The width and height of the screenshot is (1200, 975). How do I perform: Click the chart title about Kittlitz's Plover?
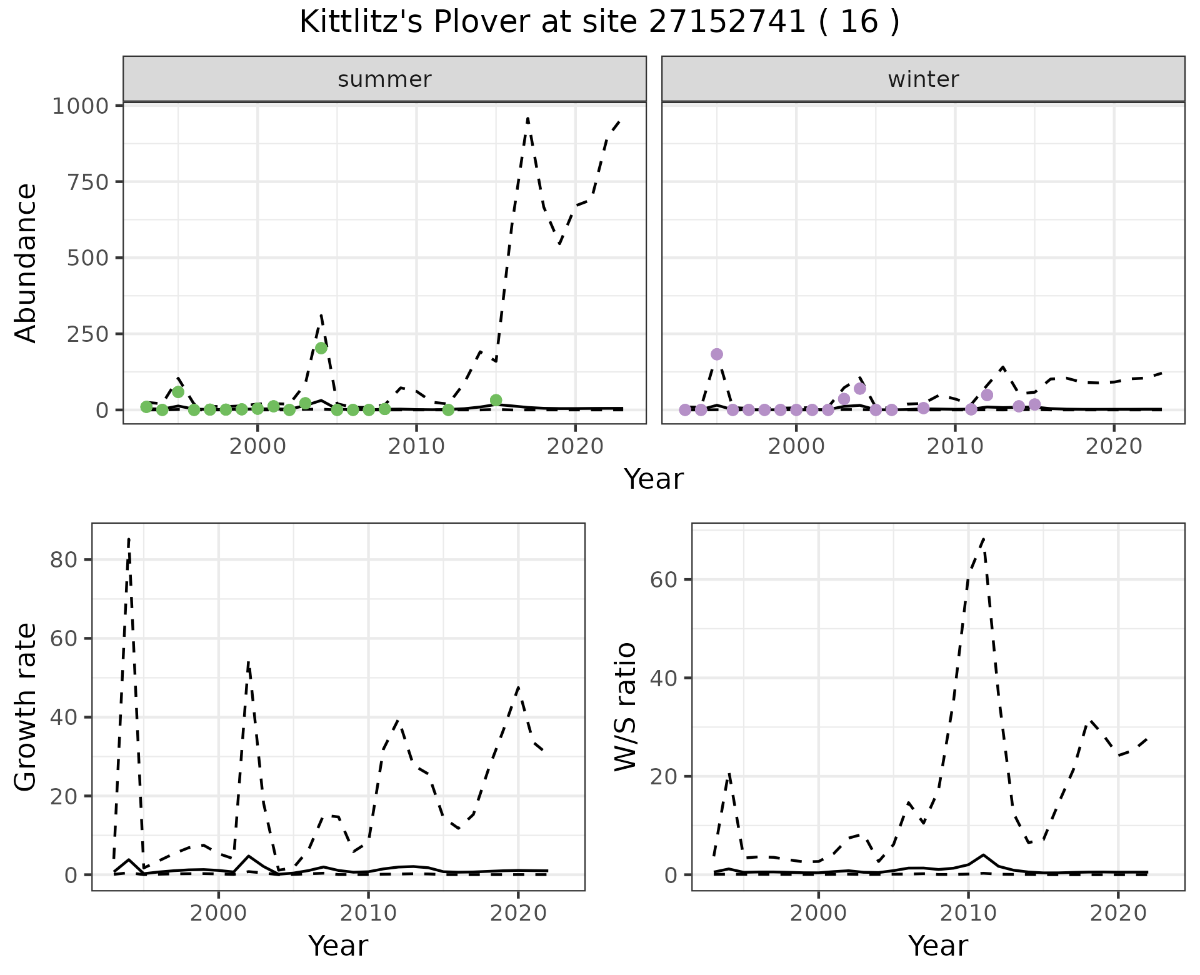pos(599,22)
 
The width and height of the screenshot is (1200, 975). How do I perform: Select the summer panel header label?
pos(384,79)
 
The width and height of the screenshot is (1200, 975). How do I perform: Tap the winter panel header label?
pos(923,79)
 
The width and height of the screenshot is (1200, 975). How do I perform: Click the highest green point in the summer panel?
pos(321,348)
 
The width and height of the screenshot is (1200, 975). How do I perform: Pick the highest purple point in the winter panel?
pos(717,354)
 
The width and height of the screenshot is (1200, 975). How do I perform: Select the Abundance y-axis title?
pos(26,262)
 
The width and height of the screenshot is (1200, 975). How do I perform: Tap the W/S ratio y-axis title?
pos(626,706)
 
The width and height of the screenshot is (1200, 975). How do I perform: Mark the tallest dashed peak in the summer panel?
pos(528,117)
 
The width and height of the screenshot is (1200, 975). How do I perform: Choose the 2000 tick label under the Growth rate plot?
pos(218,913)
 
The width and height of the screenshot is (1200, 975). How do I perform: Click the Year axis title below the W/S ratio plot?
pos(937,946)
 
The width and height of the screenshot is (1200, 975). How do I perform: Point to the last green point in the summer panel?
pos(496,400)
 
